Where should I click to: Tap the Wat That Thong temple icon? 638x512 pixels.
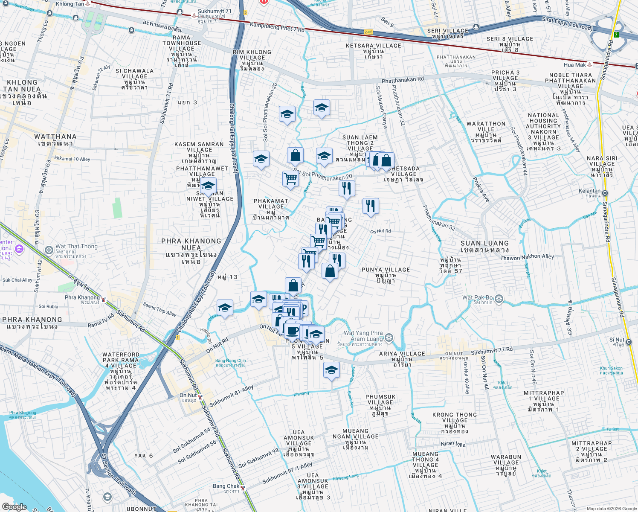click(49, 249)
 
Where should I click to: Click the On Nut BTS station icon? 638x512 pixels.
click(200, 397)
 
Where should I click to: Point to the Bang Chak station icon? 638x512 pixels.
click(243, 488)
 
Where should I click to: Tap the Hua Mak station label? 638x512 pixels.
click(574, 65)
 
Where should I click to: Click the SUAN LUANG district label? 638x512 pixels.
click(484, 246)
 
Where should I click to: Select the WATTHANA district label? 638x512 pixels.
click(55, 140)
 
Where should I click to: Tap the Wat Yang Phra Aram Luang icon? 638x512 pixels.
click(389, 338)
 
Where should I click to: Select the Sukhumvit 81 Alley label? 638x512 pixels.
click(231, 396)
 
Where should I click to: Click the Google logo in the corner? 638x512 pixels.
click(14, 506)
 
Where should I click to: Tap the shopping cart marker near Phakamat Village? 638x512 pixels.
click(290, 178)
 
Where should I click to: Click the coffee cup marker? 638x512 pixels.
click(293, 330)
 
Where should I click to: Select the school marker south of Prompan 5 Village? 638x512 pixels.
click(331, 370)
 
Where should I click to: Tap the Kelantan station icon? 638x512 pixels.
click(605, 193)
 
